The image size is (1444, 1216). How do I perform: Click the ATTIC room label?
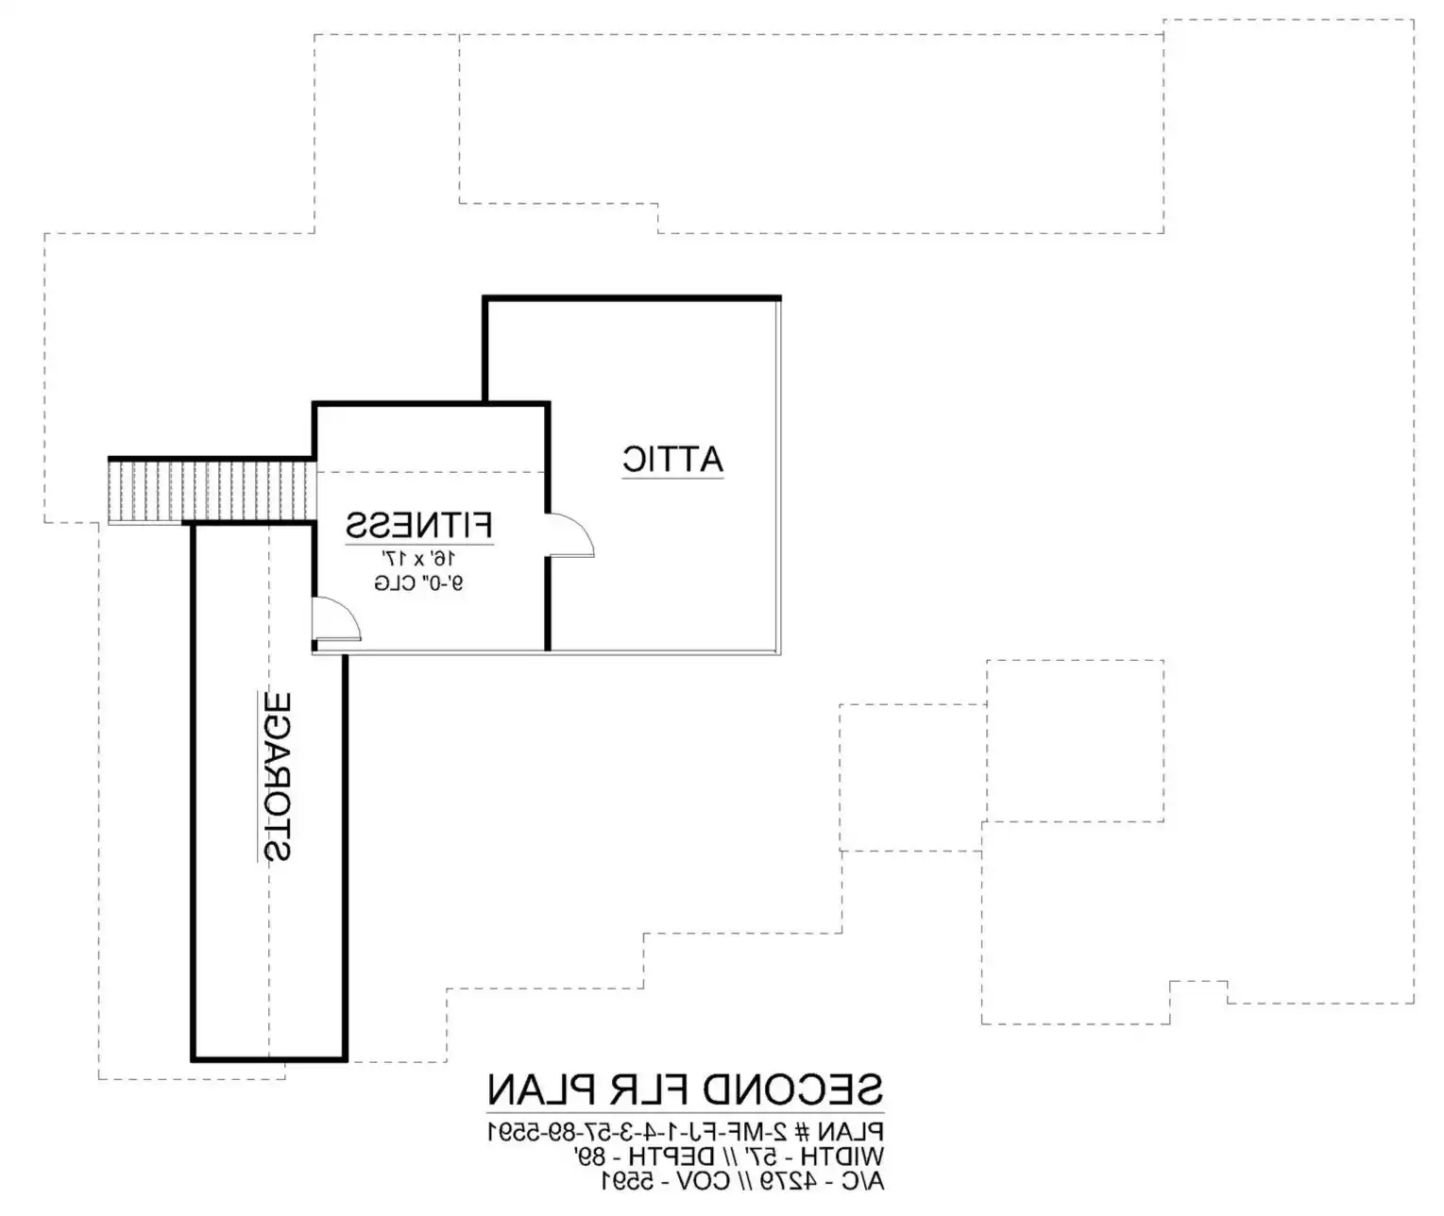[672, 460]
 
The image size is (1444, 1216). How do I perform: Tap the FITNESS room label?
[419, 525]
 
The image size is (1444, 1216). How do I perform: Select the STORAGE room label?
[277, 776]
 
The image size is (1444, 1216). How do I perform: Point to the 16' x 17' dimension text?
[417, 557]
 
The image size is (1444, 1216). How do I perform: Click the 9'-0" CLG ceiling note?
[418, 583]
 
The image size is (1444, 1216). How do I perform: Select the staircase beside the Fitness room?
[212, 491]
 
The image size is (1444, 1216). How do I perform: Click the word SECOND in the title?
[793, 1090]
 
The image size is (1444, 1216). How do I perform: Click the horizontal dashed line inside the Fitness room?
[430, 472]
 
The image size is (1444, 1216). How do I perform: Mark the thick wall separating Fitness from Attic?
[548, 526]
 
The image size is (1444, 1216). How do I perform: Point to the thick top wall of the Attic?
[632, 298]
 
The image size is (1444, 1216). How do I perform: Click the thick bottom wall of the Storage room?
[269, 1058]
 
